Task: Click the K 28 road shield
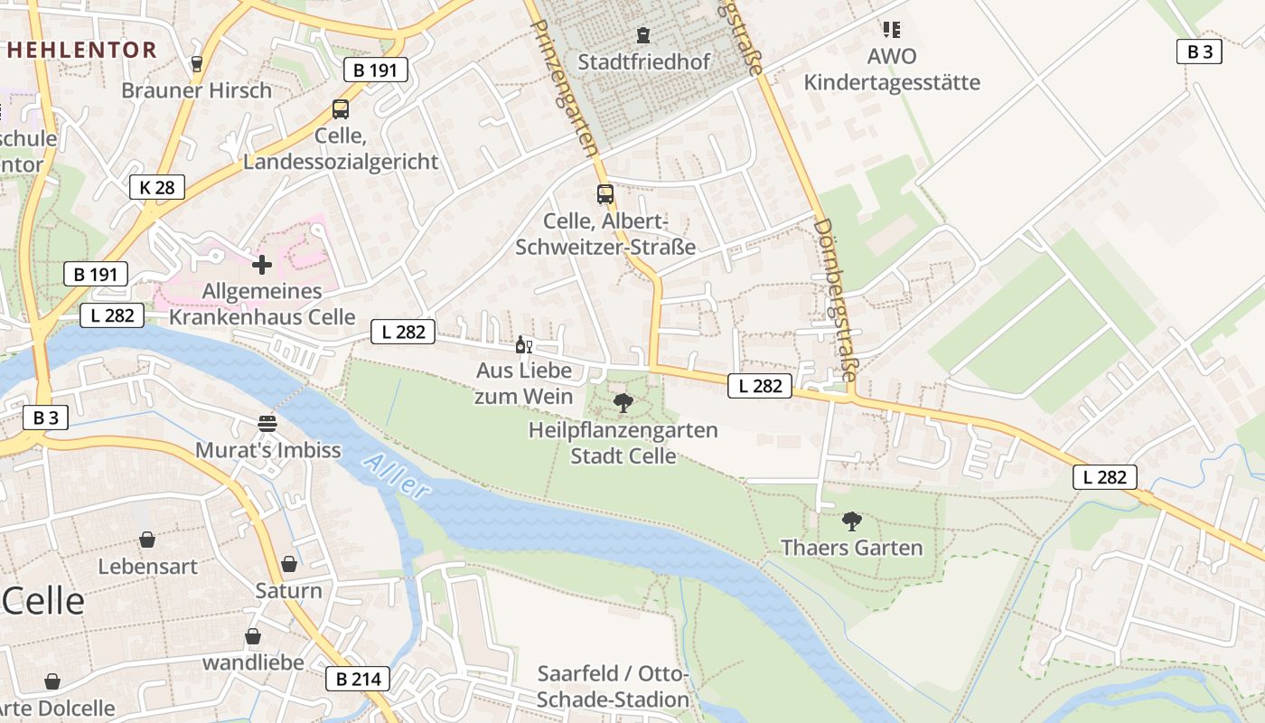tap(157, 187)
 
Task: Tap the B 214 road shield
tap(357, 679)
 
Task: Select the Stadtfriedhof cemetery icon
tap(642, 35)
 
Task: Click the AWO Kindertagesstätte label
tap(892, 70)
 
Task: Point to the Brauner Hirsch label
tap(196, 90)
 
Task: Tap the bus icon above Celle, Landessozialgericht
tap(341, 109)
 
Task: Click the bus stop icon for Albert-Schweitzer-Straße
tap(604, 194)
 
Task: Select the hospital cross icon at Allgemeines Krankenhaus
tap(262, 265)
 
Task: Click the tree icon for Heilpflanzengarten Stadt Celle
tap(623, 403)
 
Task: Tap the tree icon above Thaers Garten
tap(851, 521)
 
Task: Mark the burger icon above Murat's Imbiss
tap(267, 423)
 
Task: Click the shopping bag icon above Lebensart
tap(147, 540)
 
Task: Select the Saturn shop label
tap(288, 591)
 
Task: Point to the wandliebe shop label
tap(253, 662)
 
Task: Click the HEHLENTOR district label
tap(81, 50)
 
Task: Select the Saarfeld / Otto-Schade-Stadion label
tap(614, 687)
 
